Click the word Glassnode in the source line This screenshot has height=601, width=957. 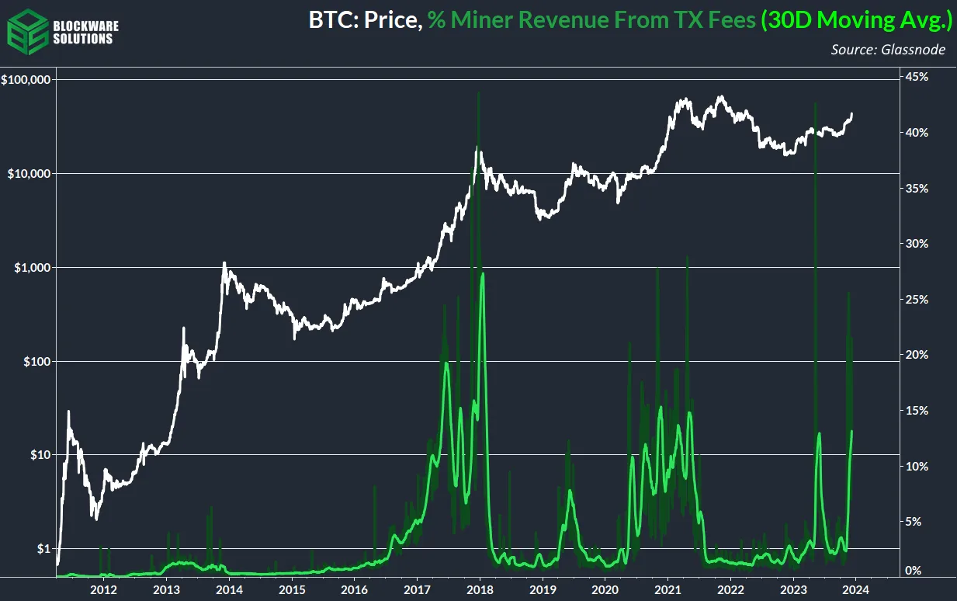[x=921, y=50]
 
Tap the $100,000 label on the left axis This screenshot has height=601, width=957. [x=26, y=80]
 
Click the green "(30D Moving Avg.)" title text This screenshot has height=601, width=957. [x=857, y=21]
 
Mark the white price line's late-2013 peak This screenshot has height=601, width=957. [x=224, y=263]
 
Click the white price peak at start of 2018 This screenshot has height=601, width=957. [x=479, y=150]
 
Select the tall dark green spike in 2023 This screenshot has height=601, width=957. [x=815, y=104]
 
